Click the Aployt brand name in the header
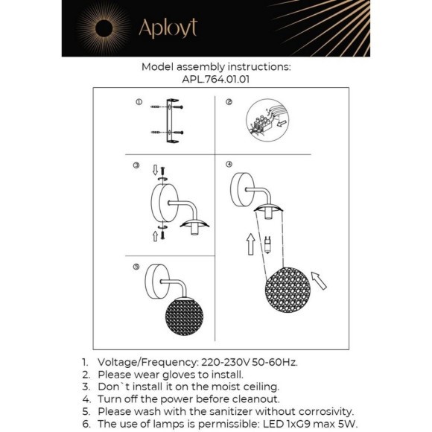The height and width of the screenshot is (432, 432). [x=168, y=28]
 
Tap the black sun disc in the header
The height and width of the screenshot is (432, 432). [x=104, y=28]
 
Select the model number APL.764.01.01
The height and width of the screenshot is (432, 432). [x=216, y=80]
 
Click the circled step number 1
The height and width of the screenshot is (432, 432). [x=139, y=102]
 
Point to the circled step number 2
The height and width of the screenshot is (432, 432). [x=229, y=102]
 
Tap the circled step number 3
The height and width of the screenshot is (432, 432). [x=136, y=165]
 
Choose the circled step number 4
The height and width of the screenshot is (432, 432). [x=229, y=164]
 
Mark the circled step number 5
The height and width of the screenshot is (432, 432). [x=136, y=267]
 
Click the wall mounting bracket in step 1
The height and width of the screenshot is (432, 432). [x=172, y=121]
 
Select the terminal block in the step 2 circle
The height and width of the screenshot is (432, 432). [x=261, y=124]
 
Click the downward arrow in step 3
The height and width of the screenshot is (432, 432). [x=155, y=170]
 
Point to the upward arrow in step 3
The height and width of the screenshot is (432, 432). [x=155, y=236]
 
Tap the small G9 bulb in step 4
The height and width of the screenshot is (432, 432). [x=267, y=244]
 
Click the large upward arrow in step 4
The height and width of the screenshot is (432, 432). [x=251, y=244]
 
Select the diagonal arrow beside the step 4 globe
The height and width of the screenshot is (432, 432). [x=319, y=281]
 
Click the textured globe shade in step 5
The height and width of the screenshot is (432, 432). [x=184, y=317]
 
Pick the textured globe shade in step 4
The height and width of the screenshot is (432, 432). [x=288, y=290]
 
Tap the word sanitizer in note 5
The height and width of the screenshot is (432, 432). [x=231, y=412]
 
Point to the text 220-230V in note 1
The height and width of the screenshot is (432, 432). [x=226, y=362]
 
